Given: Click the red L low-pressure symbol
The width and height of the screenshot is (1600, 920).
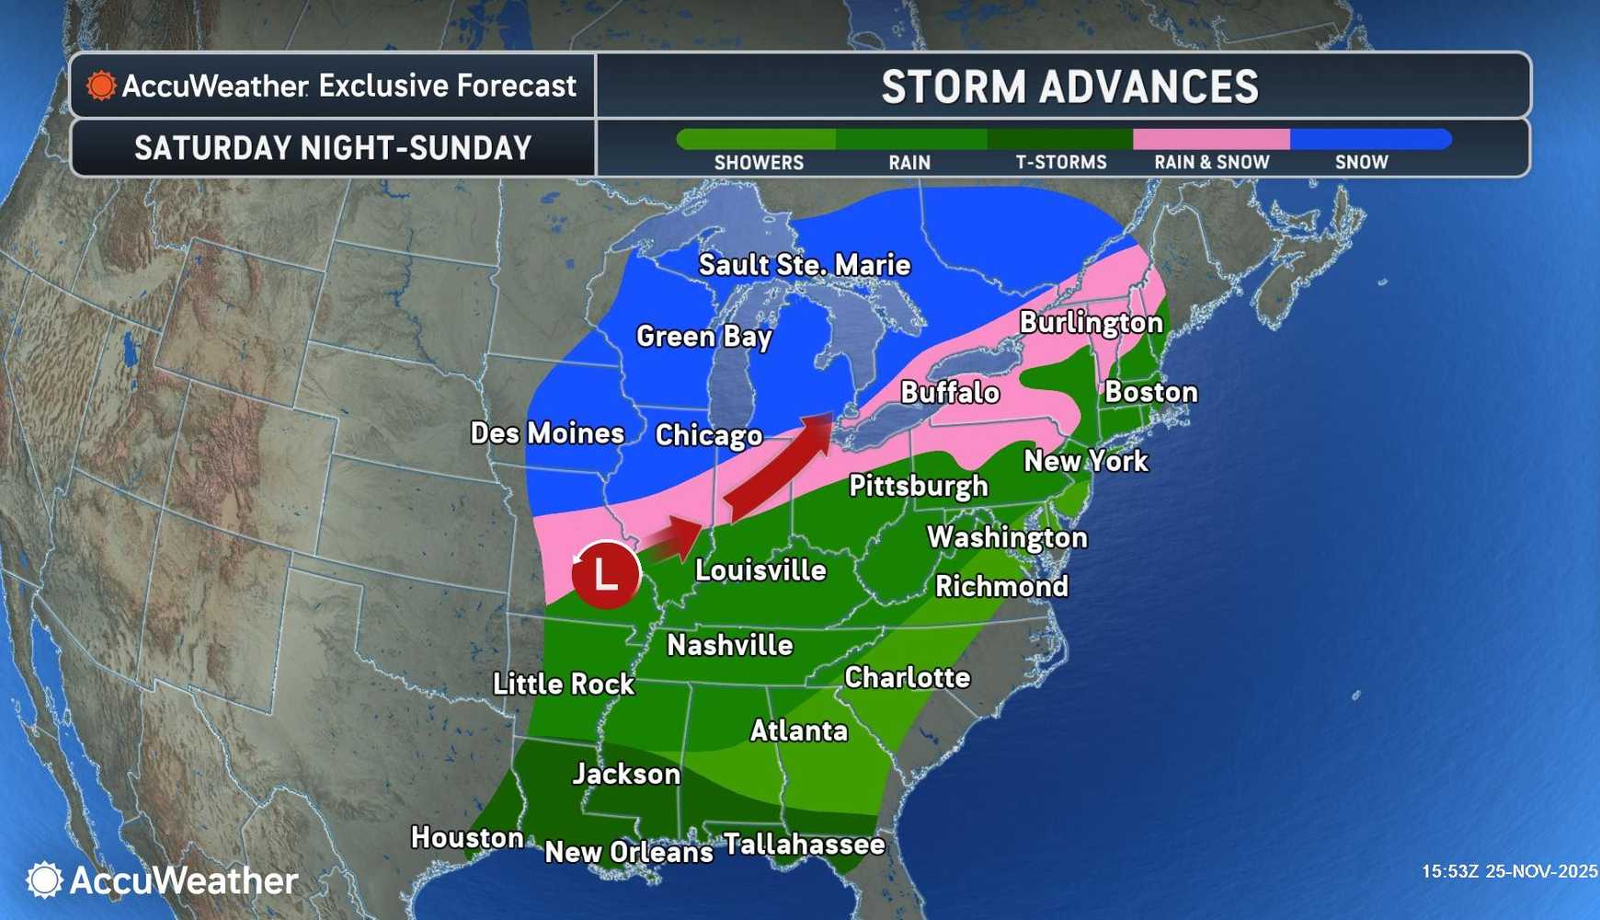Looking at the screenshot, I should [x=605, y=575].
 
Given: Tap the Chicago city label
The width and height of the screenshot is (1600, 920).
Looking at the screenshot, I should [x=709, y=435].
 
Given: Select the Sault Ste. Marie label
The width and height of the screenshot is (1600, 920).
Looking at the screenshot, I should [x=805, y=265].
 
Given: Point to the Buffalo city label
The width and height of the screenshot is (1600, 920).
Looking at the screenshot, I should [x=950, y=393].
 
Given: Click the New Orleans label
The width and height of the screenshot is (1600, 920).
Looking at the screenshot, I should [x=629, y=852].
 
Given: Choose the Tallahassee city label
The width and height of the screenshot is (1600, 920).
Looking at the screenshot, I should [x=805, y=844].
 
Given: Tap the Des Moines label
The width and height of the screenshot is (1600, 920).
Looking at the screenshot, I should [x=547, y=433].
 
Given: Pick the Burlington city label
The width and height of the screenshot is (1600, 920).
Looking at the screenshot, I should [x=1091, y=323].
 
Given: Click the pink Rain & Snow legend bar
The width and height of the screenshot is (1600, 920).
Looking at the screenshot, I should [x=1211, y=139].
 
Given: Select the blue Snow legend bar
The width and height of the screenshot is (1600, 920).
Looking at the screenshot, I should [x=1370, y=139].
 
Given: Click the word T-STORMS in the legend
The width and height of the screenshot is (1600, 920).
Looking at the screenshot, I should [x=1061, y=163].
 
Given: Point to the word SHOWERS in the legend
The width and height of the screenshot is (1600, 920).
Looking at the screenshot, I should [x=759, y=163].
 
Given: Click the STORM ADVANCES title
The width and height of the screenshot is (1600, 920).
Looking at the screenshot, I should [x=1069, y=87].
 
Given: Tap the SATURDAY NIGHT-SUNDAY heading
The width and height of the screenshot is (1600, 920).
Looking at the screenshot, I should [x=333, y=148].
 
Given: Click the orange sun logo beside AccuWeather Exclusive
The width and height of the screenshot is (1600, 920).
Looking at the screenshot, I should [x=101, y=86].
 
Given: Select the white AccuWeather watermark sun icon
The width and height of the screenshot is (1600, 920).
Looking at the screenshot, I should [x=43, y=880].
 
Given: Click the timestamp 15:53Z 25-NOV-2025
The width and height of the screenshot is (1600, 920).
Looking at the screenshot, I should [x=1509, y=871].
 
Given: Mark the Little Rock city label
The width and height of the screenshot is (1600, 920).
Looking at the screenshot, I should [x=564, y=684].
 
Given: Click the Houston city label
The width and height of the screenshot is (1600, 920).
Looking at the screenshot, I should [x=467, y=837].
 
